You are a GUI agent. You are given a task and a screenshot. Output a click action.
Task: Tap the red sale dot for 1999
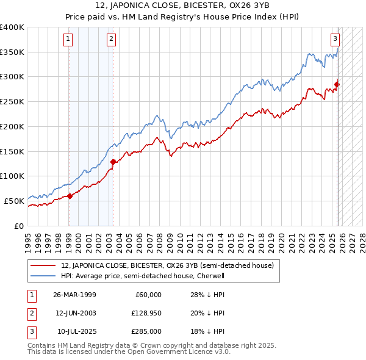point(70,196)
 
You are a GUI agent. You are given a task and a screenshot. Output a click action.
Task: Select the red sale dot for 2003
point(113,162)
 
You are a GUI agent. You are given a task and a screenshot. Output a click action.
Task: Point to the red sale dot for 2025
point(337,85)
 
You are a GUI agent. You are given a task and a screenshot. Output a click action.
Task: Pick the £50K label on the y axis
point(14,201)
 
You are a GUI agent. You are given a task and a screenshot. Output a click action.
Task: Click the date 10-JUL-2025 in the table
point(76,331)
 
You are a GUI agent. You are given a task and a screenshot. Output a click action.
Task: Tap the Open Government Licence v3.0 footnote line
point(129,352)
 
